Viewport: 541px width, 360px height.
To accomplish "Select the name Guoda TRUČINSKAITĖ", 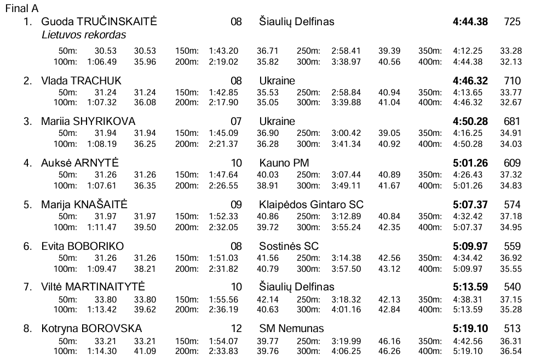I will click(x=99, y=22).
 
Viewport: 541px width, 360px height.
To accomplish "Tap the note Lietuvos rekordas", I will click(x=84, y=35).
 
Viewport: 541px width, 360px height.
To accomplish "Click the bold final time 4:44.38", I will click(x=470, y=22).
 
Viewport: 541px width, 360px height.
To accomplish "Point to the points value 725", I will click(x=512, y=22).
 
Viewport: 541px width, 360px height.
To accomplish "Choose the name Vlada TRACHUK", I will click(x=81, y=81).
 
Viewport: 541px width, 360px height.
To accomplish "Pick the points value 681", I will click(x=512, y=121).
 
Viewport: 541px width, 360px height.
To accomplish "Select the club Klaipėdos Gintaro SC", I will click(x=311, y=205).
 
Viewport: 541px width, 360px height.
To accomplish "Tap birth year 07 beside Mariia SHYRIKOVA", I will click(x=236, y=121).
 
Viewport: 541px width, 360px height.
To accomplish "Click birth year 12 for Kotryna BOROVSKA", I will click(x=236, y=329).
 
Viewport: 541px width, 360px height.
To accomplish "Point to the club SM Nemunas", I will click(x=291, y=329).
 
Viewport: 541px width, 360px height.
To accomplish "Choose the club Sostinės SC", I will click(x=289, y=246).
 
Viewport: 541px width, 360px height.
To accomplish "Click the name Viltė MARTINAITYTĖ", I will click(x=93, y=287).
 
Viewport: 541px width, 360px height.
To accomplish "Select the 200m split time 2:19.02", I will click(x=223, y=62).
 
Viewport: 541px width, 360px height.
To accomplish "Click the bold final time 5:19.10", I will click(x=470, y=329).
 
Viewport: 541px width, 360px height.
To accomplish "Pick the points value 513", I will click(x=512, y=329).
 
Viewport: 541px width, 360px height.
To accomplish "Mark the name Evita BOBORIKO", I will click(x=82, y=246).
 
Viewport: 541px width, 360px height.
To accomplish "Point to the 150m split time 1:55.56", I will click(x=223, y=300).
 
